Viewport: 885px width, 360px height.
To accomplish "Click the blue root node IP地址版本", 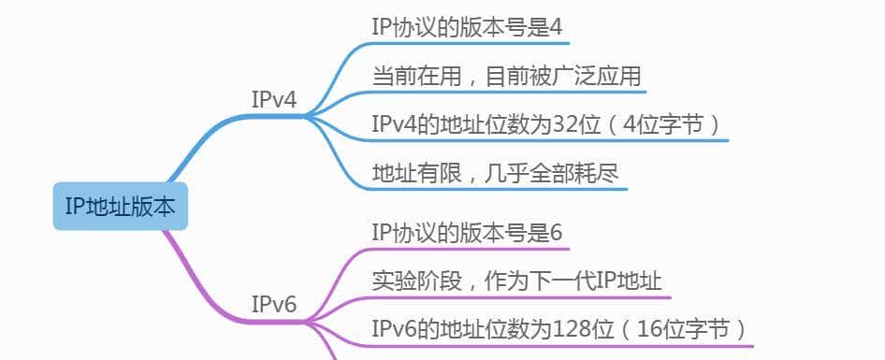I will tap(120, 207).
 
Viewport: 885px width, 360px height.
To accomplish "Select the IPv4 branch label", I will tap(273, 99).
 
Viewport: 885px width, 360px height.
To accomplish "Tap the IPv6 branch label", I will tap(273, 304).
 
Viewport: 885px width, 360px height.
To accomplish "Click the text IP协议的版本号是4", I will tap(466, 26).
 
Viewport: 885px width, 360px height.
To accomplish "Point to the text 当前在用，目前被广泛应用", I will tap(506, 76).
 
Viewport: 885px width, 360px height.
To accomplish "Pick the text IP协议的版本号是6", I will tap(466, 231).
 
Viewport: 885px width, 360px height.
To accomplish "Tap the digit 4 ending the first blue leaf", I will tap(555, 26).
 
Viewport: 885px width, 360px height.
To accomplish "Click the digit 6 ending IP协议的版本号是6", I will tap(555, 231).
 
